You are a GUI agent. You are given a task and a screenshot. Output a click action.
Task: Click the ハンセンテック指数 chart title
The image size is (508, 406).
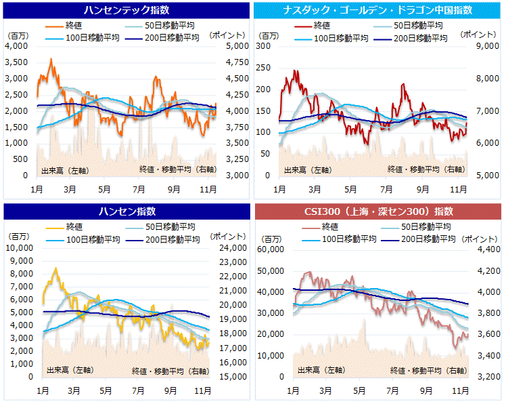pyautogui.click(x=126, y=10)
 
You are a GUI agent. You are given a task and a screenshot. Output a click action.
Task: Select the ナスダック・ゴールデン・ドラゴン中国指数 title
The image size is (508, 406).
pyautogui.click(x=380, y=10)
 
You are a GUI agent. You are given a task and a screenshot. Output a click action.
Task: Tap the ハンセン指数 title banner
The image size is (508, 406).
pyautogui.click(x=126, y=211)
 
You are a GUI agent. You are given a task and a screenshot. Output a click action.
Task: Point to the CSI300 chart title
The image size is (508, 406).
pyautogui.click(x=380, y=211)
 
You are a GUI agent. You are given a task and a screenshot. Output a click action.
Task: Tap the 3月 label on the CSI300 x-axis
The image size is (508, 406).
pyautogui.click(x=325, y=390)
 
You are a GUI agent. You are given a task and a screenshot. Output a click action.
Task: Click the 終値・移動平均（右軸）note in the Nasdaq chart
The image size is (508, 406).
pyautogui.click(x=425, y=169)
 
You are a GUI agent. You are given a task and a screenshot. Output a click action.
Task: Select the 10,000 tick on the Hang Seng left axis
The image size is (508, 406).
pyautogui.click(x=19, y=248)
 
